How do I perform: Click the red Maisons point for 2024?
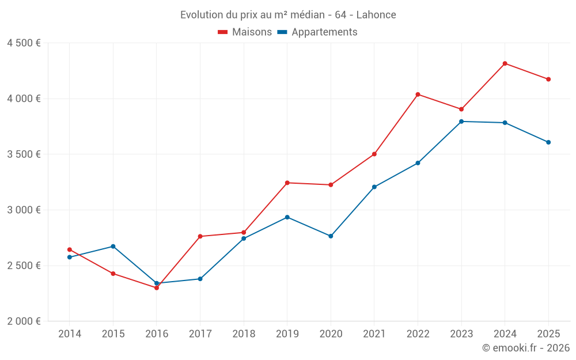click(x=505, y=63)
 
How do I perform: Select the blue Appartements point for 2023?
click(x=461, y=122)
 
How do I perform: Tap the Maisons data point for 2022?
click(x=418, y=94)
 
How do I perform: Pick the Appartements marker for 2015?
click(x=113, y=247)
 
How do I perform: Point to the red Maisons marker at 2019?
click(x=287, y=183)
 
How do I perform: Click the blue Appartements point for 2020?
click(x=331, y=236)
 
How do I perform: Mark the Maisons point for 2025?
click(x=548, y=79)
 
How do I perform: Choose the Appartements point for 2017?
click(x=200, y=279)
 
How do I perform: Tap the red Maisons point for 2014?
click(x=70, y=249)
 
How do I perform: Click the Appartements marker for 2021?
click(x=374, y=187)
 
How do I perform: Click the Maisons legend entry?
click(x=245, y=32)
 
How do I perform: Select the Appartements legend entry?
click(x=317, y=32)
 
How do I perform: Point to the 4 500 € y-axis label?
click(x=24, y=43)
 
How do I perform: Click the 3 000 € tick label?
click(x=24, y=210)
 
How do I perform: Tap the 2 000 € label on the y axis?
click(x=24, y=321)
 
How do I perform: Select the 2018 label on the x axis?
click(x=244, y=334)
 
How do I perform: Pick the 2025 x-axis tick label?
click(x=548, y=334)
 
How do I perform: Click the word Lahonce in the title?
click(x=377, y=15)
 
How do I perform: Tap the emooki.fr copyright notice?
click(x=525, y=348)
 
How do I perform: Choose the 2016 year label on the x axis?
click(x=157, y=334)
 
